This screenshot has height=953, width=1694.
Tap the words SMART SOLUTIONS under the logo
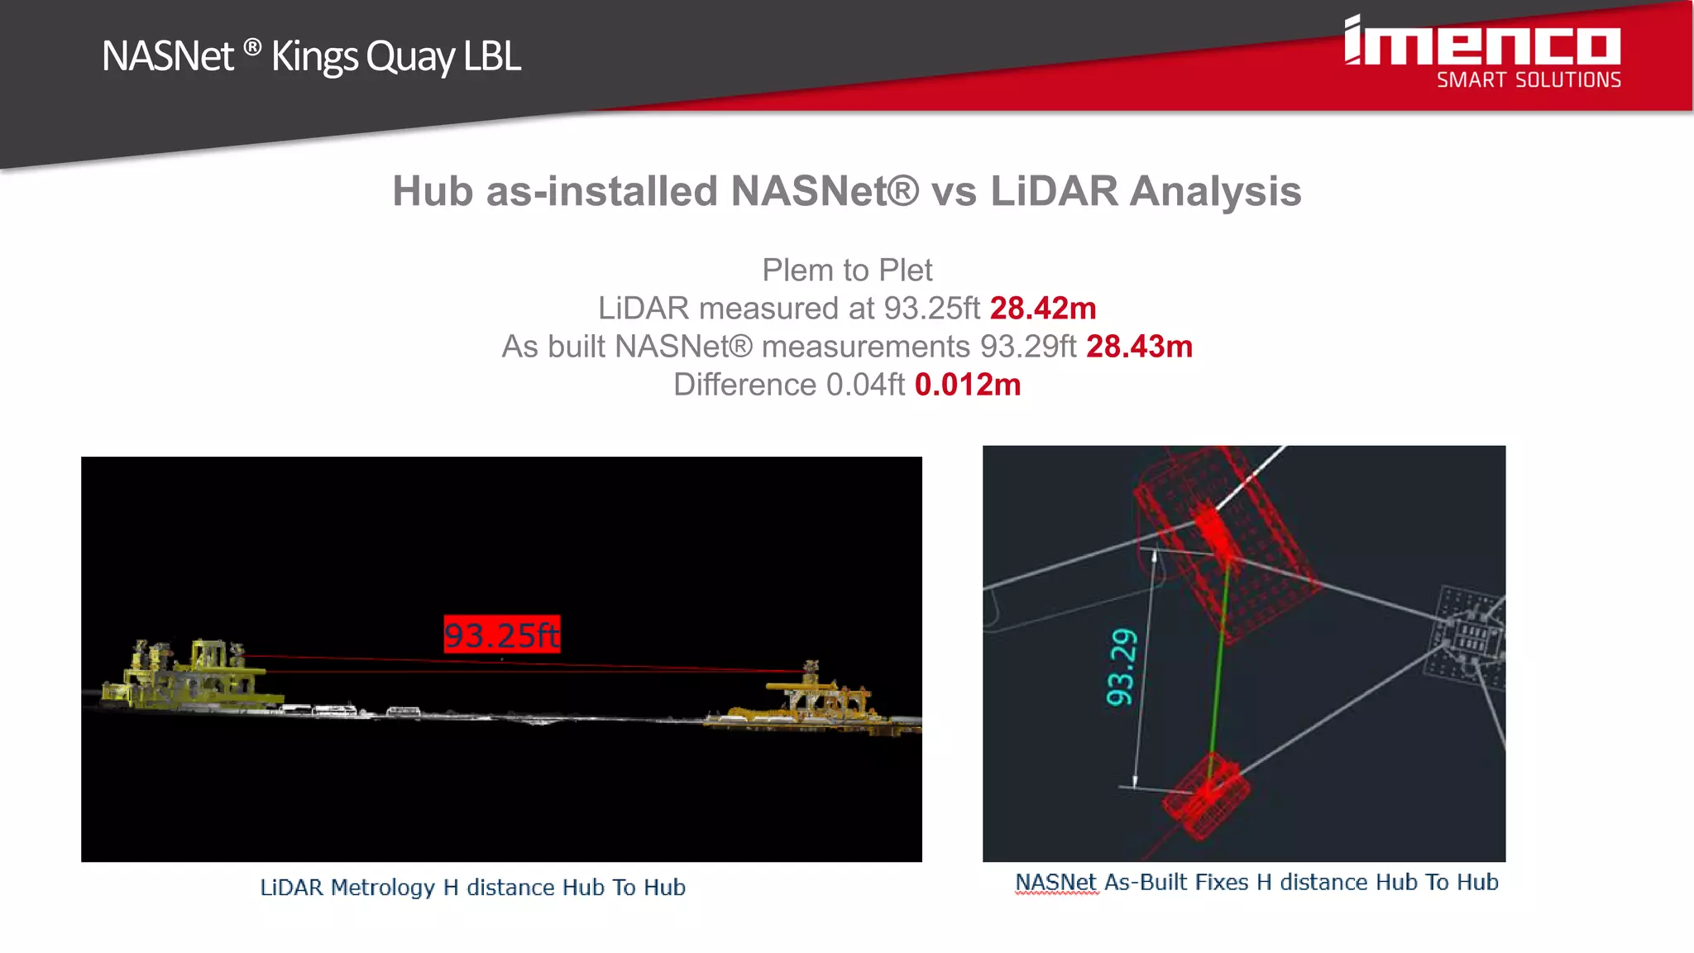pyautogui.click(x=1529, y=80)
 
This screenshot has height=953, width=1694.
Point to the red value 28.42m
pyautogui.click(x=1042, y=309)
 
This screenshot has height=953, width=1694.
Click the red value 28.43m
pyautogui.click(x=1139, y=347)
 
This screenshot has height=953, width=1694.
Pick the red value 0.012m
pyautogui.click(x=968, y=385)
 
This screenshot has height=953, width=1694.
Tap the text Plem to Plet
pyautogui.click(x=847, y=271)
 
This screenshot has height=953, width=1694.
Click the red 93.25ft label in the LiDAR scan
pyautogui.click(x=502, y=635)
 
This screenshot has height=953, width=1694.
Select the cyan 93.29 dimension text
pyautogui.click(x=1122, y=668)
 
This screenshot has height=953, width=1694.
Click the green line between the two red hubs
pyautogui.click(x=1219, y=662)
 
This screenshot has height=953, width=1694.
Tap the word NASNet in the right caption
pyautogui.click(x=1055, y=883)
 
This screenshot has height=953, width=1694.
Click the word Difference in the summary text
pyautogui.click(x=744, y=385)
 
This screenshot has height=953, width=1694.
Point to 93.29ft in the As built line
pyautogui.click(x=1028, y=347)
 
